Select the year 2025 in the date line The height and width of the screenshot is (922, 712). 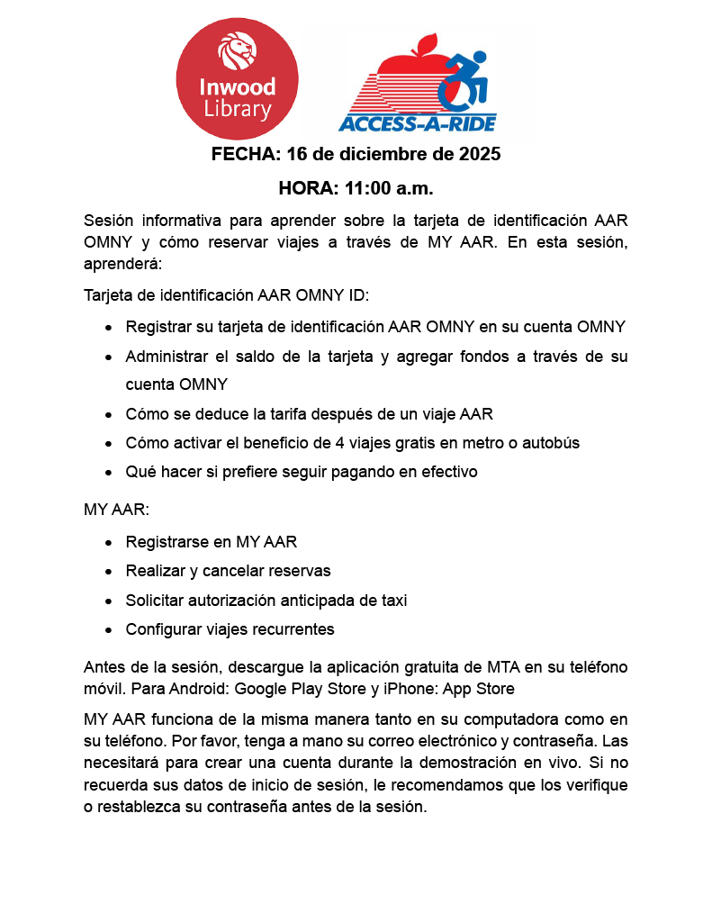click(477, 154)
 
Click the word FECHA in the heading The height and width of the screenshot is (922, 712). click(244, 154)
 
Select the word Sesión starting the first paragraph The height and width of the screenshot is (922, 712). click(109, 221)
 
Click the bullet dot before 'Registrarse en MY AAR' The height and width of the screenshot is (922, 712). click(109, 543)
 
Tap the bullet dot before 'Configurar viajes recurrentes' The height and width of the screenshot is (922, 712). click(109, 630)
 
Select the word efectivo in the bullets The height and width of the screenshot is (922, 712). click(446, 472)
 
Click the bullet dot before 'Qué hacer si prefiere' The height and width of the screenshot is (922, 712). click(109, 473)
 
